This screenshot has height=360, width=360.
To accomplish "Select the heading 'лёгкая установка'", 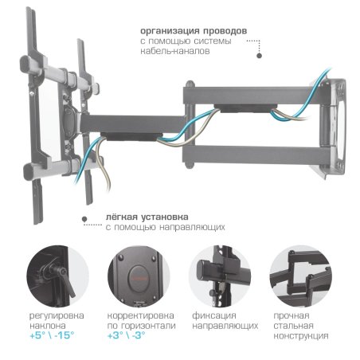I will click(141, 216).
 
